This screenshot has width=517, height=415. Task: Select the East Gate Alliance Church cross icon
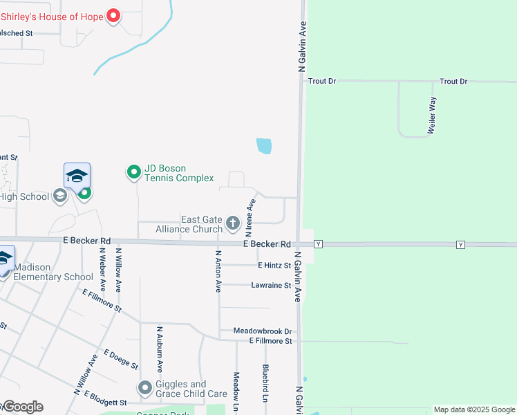click(x=233, y=223)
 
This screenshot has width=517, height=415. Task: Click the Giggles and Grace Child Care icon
click(x=145, y=389)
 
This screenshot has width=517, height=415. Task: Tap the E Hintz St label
click(x=274, y=265)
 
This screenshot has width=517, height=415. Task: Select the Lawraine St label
click(x=271, y=285)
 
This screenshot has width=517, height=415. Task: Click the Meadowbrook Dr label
click(x=263, y=331)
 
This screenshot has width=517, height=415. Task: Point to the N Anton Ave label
click(x=218, y=271)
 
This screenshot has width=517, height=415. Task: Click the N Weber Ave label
click(x=102, y=268)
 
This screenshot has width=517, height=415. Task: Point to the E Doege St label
click(x=122, y=359)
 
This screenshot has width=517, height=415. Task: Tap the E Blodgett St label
click(x=105, y=402)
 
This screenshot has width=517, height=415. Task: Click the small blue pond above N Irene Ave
click(x=264, y=146)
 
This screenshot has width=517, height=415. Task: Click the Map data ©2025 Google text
click(x=474, y=409)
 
